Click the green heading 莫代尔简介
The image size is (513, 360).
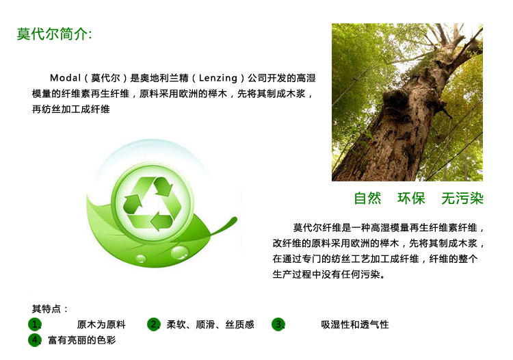click(x=54, y=34)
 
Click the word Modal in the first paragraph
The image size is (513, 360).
click(x=65, y=78)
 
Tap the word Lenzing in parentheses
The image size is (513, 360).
click(x=218, y=78)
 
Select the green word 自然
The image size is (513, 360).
click(x=367, y=198)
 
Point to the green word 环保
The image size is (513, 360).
click(x=411, y=198)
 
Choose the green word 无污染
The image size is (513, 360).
click(x=462, y=198)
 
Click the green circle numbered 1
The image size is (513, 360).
click(x=35, y=324)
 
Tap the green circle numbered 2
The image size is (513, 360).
click(x=153, y=324)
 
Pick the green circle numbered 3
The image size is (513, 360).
click(x=278, y=324)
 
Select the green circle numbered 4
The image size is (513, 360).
click(x=35, y=340)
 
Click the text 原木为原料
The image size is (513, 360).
click(x=101, y=324)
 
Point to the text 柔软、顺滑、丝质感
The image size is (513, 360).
click(x=211, y=324)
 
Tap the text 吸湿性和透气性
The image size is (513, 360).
click(x=355, y=324)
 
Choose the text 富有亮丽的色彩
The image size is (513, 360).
click(x=82, y=340)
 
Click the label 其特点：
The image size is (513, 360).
click(x=50, y=309)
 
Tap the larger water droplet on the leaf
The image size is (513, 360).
click(x=180, y=253)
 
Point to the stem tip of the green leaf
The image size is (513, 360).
click(x=235, y=218)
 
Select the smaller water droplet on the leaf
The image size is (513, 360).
click(x=142, y=259)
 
